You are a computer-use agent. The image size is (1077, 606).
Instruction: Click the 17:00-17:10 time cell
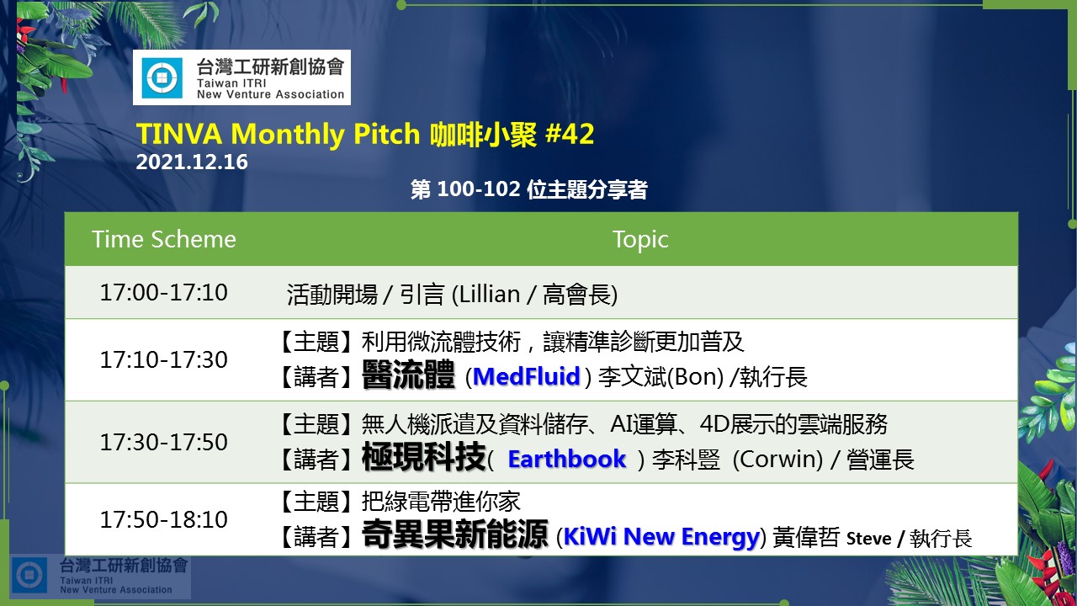pos(163,292)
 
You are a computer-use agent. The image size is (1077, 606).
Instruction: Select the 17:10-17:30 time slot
pos(163,359)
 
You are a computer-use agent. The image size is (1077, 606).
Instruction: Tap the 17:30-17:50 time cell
pos(163,442)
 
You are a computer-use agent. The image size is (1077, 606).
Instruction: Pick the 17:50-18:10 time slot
pos(163,519)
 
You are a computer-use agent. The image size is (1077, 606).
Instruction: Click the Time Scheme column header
pos(164,240)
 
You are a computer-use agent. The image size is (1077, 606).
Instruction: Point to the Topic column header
pos(640,240)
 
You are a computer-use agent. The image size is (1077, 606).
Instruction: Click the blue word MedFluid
pos(527,376)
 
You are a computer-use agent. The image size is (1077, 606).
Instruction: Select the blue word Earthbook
pos(567,459)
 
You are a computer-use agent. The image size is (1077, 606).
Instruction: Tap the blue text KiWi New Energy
pos(661,537)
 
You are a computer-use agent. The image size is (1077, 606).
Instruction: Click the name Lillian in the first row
pos(490,294)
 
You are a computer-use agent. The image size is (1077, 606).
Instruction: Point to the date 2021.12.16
pos(192,162)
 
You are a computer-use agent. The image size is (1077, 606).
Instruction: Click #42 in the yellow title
pos(570,134)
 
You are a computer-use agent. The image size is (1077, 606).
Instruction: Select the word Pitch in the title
pos(386,134)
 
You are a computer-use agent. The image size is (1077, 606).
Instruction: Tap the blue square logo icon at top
pos(162,77)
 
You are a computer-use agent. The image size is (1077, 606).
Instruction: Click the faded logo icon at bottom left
pos(29,575)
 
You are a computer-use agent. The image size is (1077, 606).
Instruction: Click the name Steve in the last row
pos(869,538)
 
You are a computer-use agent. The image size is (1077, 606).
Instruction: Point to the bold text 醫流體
pos(408,375)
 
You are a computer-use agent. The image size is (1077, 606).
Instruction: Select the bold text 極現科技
pos(423,457)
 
